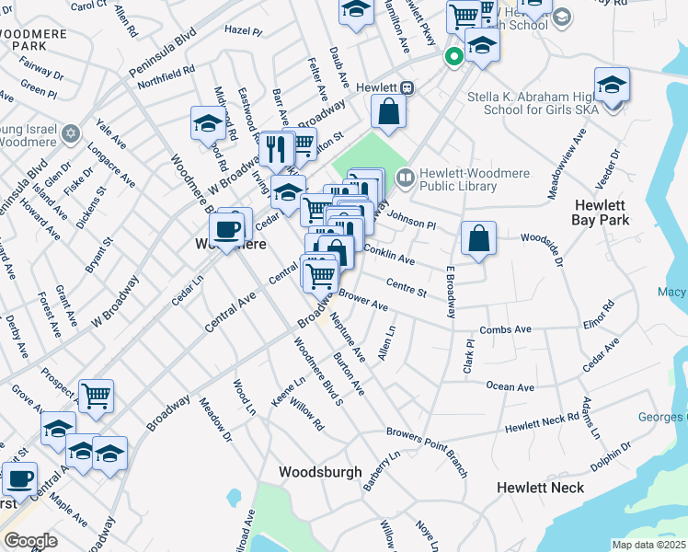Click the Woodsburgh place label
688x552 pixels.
pos(320,471)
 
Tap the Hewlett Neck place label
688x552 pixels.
pos(540,487)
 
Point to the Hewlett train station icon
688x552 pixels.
pos(406,87)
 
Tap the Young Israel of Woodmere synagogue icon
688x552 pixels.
pos(70,136)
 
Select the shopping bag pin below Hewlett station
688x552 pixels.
pos(389,112)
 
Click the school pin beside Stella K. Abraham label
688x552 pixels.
pos(612,86)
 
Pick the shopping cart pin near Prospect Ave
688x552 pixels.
pos(96,397)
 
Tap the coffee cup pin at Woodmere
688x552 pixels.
pos(226,228)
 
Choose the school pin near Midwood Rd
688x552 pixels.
pos(209,123)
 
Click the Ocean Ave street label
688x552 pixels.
pos(510,387)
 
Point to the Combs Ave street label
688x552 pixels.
pos(506,329)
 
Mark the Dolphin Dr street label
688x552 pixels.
pos(611,457)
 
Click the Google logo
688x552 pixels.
pos(31,540)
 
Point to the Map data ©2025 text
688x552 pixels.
pos(649,545)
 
